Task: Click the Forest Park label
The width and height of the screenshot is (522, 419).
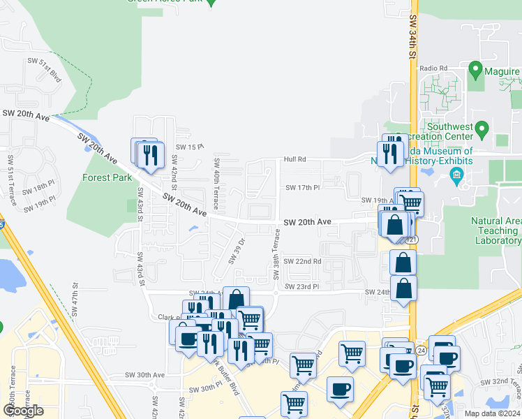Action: click(x=107, y=177)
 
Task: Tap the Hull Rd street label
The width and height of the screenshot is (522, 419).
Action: click(x=294, y=160)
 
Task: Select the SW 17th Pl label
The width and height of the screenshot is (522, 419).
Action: click(x=302, y=188)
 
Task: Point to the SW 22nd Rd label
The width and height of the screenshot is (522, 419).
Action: click(x=304, y=261)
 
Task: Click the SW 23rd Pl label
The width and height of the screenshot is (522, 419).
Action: click(x=301, y=286)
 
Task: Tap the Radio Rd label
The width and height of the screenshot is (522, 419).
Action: click(x=433, y=68)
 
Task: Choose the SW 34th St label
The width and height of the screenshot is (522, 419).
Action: click(x=413, y=38)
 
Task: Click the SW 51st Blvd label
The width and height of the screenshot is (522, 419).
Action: click(x=45, y=71)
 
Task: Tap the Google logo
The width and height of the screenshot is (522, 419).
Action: click(x=23, y=411)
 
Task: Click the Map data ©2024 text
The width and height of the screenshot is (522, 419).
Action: click(x=492, y=413)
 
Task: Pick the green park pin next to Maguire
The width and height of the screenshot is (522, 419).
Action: click(x=475, y=69)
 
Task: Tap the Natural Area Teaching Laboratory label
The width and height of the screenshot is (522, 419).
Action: click(x=495, y=231)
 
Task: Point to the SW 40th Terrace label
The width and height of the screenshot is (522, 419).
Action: click(x=216, y=184)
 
